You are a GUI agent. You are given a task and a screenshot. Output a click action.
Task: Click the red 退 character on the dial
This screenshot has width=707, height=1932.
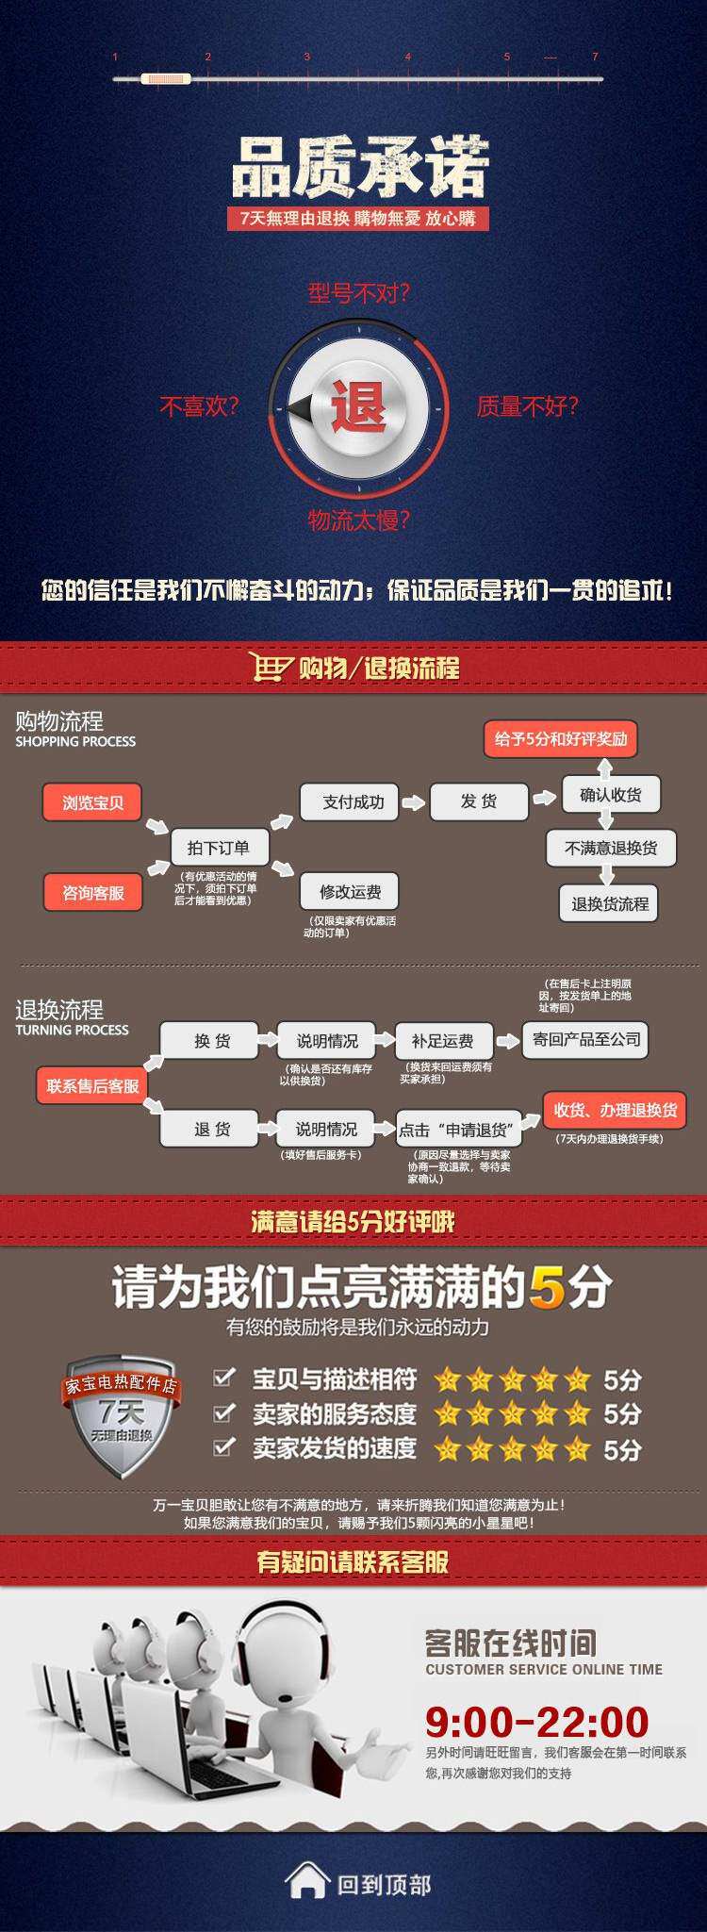358,408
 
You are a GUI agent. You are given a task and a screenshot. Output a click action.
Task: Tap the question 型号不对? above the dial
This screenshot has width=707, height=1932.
358,293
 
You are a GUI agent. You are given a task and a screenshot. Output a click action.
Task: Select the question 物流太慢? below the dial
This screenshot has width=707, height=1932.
358,520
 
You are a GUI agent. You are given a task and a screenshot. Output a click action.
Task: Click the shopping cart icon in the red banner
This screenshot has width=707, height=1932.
271,667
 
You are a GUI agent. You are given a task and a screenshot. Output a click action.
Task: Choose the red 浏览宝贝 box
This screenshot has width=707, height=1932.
92,802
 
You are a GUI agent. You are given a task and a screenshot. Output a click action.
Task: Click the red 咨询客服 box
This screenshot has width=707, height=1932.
92,892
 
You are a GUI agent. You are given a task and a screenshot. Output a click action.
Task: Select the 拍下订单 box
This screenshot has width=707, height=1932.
218,847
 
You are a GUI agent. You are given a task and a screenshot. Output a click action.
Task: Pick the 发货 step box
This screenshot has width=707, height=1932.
478,801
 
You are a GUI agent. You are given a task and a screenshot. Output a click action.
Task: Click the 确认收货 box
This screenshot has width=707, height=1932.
610,795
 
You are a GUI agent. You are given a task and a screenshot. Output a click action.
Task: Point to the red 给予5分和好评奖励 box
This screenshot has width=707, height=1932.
561,738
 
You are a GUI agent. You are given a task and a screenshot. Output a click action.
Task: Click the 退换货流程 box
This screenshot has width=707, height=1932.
609,903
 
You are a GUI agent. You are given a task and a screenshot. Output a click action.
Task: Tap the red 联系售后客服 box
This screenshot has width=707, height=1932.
92,1085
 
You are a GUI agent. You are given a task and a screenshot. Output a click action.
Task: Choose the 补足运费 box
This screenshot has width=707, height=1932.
442,1040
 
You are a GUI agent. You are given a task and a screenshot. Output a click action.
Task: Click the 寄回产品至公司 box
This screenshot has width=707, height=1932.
585,1039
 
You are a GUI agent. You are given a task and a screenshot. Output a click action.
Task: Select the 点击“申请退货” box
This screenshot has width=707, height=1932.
458,1129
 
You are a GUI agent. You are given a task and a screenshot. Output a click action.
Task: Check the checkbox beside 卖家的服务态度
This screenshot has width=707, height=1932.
223,1412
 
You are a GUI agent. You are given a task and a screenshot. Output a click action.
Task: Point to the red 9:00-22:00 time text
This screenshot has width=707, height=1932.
536,1722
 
